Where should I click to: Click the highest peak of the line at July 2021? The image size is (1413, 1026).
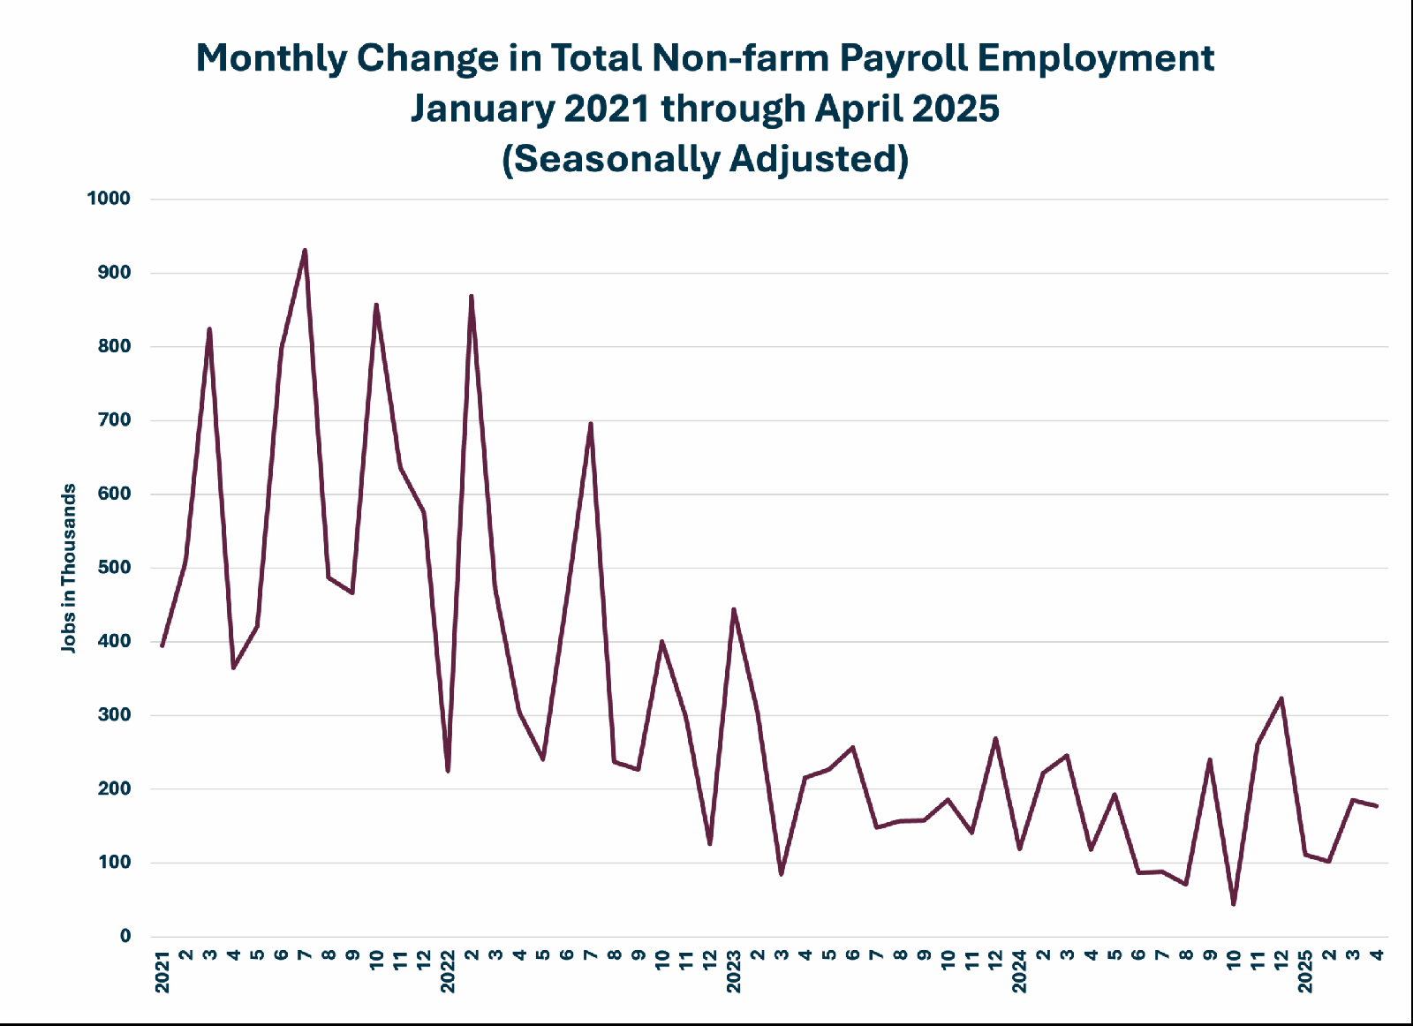tap(306, 251)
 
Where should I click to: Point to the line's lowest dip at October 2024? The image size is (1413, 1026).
tap(1233, 904)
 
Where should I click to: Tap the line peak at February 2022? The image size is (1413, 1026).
tap(472, 296)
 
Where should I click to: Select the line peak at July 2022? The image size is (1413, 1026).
tap(591, 423)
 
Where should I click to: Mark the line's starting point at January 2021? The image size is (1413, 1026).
tap(162, 645)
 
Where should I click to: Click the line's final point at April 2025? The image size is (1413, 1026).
tap(1377, 806)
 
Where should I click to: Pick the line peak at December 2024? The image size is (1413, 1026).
tap(1281, 698)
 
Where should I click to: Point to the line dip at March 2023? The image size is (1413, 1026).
tap(781, 874)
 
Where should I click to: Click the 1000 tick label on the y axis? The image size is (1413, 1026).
tap(109, 199)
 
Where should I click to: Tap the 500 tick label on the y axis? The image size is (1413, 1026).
tap(114, 568)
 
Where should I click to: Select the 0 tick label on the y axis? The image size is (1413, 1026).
tap(125, 936)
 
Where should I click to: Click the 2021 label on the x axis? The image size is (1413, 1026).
tap(162, 972)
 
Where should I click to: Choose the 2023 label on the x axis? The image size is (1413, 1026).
tap(734, 972)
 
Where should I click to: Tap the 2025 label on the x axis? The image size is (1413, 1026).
tap(1305, 972)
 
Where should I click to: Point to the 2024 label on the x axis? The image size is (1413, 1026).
tap(1019, 972)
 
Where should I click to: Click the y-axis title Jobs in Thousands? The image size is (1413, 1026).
tap(68, 568)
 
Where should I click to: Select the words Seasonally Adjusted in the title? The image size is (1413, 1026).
tap(706, 159)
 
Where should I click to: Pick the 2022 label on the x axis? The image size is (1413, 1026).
tap(448, 972)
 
